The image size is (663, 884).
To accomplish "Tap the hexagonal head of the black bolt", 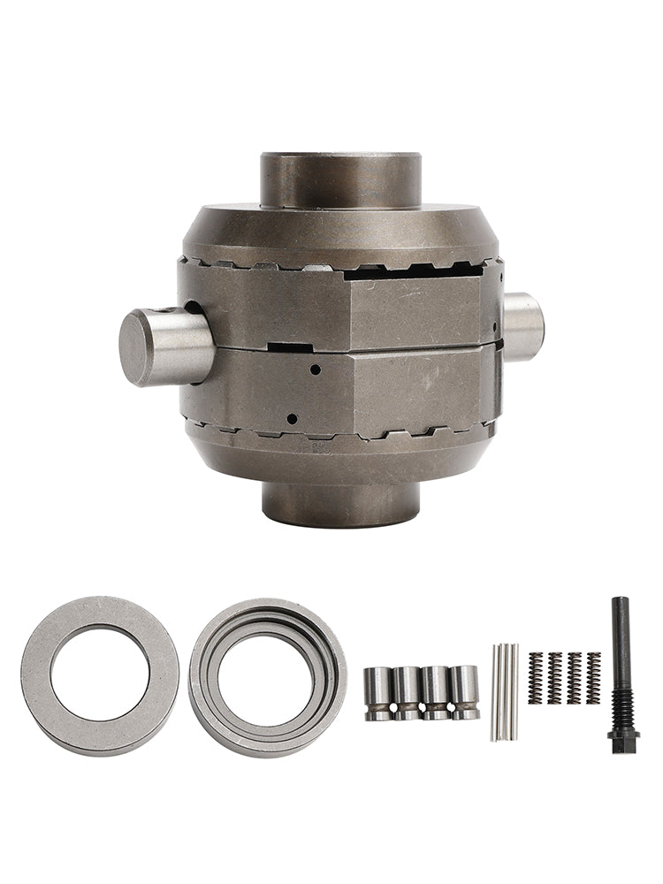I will tap(623, 736).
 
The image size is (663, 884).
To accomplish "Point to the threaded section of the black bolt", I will tap(622, 703).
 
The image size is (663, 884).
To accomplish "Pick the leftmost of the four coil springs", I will tap(535, 678).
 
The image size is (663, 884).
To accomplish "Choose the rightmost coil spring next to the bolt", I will tap(593, 678).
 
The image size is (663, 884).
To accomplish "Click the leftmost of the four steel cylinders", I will tap(378, 692).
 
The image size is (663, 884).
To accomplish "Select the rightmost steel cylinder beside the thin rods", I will tap(463, 692).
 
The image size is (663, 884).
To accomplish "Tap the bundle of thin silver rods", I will tap(505, 691).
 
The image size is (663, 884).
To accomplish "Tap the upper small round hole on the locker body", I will tap(314, 371).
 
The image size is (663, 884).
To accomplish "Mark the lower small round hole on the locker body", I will tap(293, 419).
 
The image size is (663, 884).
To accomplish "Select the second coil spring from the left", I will tap(554, 678).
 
